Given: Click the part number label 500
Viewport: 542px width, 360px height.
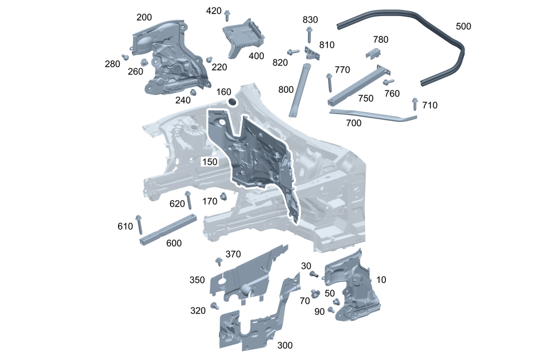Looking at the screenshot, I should coord(463,26).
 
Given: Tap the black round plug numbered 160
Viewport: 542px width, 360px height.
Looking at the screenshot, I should coord(231,102).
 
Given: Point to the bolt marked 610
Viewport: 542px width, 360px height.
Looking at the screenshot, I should coord(139,224).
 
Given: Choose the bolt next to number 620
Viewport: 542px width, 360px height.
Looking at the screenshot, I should coord(189,201).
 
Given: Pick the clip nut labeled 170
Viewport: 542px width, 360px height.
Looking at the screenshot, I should coord(222,198).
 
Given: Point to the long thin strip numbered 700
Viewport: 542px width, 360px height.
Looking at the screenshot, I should coord(374,115).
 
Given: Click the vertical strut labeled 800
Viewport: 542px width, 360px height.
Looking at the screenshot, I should coord(299,89).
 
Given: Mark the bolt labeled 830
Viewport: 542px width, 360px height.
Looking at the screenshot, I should coord(309,34).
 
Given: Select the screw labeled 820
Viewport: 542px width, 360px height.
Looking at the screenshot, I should coord(293,52).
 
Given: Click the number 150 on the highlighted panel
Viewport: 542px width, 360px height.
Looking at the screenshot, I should coord(210,162).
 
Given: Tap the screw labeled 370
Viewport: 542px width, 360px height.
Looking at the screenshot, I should coord(218,262).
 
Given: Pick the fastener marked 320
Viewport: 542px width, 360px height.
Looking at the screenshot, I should coord(214,306).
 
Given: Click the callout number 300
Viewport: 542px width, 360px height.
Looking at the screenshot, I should coord(285,345).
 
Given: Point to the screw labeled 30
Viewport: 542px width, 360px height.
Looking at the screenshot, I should coord(314,274).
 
